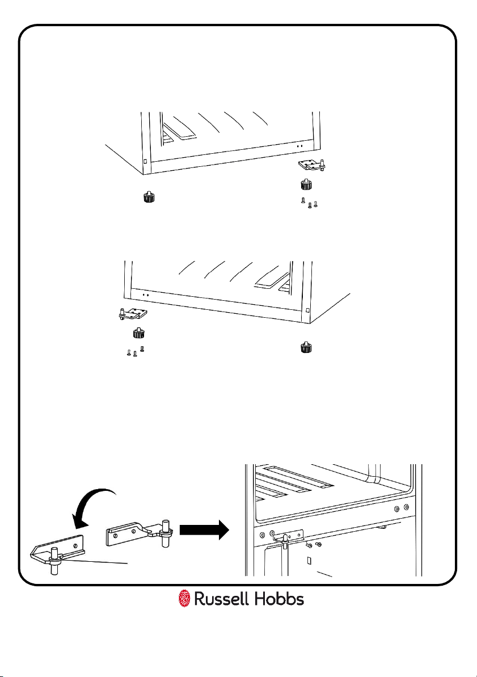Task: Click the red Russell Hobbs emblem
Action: (184, 598)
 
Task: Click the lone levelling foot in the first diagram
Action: (149, 198)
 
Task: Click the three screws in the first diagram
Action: (309, 203)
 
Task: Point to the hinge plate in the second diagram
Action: (132, 313)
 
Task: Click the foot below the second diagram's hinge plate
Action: (138, 333)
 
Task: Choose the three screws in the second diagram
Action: (135, 352)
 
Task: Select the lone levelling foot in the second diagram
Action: (306, 347)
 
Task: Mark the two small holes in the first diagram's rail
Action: (299, 146)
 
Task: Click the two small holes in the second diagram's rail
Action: (145, 296)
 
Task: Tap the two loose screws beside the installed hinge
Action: (313, 546)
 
